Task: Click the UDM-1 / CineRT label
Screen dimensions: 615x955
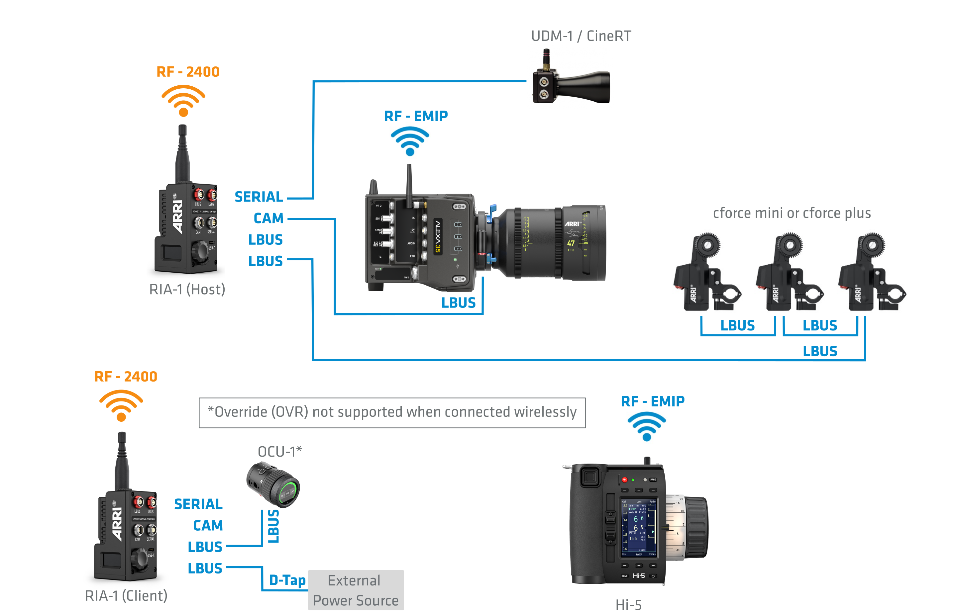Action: pyautogui.click(x=581, y=36)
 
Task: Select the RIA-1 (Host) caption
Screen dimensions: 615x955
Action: pyautogui.click(x=187, y=289)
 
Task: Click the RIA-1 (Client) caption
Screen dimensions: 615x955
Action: pyautogui.click(x=126, y=595)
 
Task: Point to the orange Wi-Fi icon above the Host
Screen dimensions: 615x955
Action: pyautogui.click(x=183, y=101)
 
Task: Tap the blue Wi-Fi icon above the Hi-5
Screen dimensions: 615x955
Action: pyautogui.click(x=647, y=426)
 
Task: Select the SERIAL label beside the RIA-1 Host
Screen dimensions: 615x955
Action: pyautogui.click(x=259, y=197)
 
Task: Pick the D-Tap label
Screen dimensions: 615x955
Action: pyautogui.click(x=287, y=580)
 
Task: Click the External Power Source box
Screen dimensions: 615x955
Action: pyautogui.click(x=356, y=590)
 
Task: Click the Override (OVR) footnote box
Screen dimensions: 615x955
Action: pyautogui.click(x=392, y=412)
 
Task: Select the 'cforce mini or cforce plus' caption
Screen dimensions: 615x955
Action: pyautogui.click(x=792, y=213)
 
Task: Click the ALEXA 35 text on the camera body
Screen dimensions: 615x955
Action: pyautogui.click(x=438, y=236)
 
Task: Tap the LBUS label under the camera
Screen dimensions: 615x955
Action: pyautogui.click(x=458, y=303)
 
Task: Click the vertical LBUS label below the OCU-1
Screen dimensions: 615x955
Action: pyautogui.click(x=273, y=526)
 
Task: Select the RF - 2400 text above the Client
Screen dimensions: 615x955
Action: pyautogui.click(x=126, y=377)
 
